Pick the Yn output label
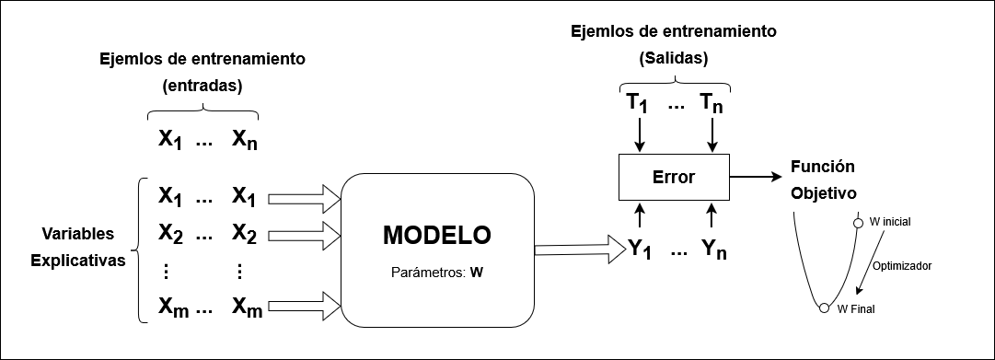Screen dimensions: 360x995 click(714, 249)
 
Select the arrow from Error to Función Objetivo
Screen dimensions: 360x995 click(757, 175)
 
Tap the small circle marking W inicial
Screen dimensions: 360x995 click(859, 222)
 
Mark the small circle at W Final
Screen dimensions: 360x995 click(825, 308)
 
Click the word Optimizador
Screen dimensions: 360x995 click(901, 265)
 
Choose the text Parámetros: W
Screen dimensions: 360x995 click(437, 273)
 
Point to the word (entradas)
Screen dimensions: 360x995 click(202, 87)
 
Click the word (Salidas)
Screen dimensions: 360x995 click(673, 59)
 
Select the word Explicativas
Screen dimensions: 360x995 click(77, 261)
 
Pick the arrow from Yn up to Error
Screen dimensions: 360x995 click(712, 216)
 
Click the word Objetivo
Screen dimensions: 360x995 click(824, 194)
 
